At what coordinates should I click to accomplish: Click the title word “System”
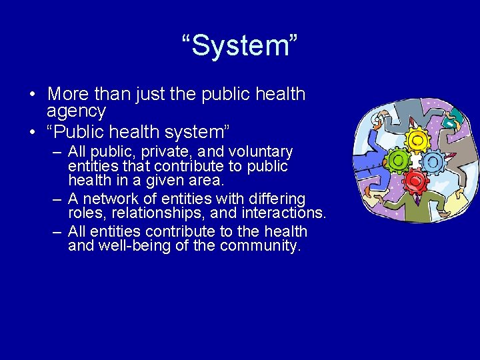[240, 47]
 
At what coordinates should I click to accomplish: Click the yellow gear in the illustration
[417, 139]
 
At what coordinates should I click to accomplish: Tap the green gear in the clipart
[398, 160]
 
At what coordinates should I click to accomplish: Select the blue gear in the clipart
[434, 161]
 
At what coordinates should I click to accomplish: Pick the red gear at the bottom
[415, 181]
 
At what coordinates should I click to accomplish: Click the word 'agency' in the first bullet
[77, 111]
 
